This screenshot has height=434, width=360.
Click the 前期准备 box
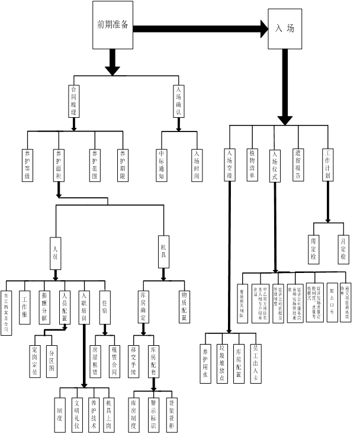(x=114, y=25)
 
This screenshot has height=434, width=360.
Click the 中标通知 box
(x=161, y=164)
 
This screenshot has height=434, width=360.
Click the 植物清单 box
(x=252, y=164)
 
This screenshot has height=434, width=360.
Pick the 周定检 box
(x=314, y=249)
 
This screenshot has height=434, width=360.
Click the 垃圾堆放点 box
(x=223, y=363)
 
